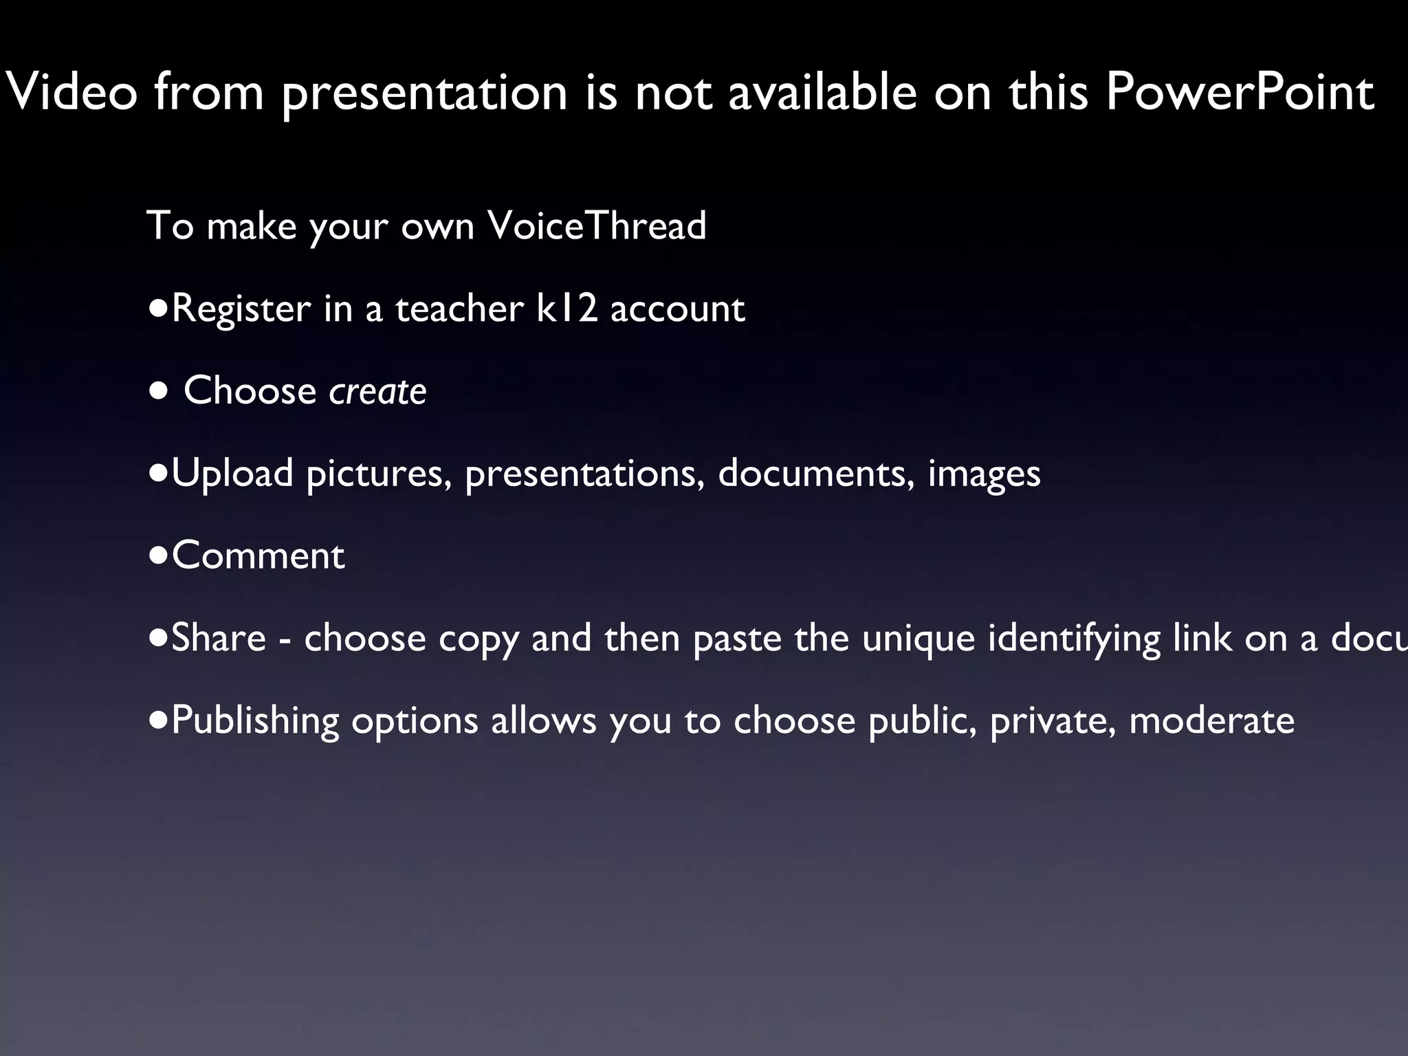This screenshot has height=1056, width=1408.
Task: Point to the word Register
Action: [241, 309]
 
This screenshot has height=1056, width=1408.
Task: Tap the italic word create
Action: [377, 390]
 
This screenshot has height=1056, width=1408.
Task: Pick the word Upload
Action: [232, 474]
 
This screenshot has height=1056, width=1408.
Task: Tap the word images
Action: [984, 474]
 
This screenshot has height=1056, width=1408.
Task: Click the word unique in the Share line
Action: [918, 639]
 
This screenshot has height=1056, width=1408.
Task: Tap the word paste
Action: [737, 639]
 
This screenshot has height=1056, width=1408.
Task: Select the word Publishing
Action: [255, 721]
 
